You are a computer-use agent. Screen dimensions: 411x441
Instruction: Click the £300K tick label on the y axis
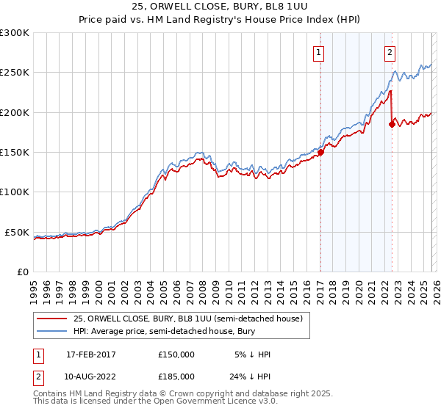(15, 33)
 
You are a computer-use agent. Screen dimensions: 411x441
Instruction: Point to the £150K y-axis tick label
(15, 153)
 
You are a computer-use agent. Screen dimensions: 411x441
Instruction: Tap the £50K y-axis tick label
(18, 232)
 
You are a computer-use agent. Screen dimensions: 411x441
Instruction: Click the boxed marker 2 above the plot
(389, 52)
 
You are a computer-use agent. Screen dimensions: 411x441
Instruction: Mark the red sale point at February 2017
(320, 153)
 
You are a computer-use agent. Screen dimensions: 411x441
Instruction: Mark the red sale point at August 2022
(392, 125)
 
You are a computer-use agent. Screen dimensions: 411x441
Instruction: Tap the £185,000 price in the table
(176, 375)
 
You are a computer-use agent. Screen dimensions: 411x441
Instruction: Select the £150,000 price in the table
(176, 354)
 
